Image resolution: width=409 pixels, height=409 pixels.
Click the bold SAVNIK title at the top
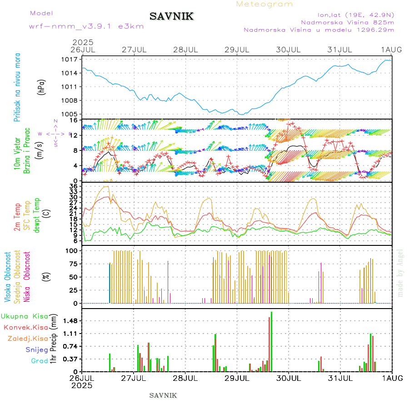[x=172, y=17]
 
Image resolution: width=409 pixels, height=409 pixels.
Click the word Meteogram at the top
[x=265, y=4]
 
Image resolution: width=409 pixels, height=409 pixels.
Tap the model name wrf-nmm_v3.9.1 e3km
[x=86, y=26]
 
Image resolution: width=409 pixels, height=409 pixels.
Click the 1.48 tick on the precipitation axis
[x=71, y=321]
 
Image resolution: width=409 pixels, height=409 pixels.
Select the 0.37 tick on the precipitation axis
[x=71, y=359]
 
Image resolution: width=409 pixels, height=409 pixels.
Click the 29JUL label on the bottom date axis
[x=237, y=378]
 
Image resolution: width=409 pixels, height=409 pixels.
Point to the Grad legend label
[x=39, y=361]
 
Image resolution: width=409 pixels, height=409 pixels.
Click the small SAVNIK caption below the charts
[x=163, y=395]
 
